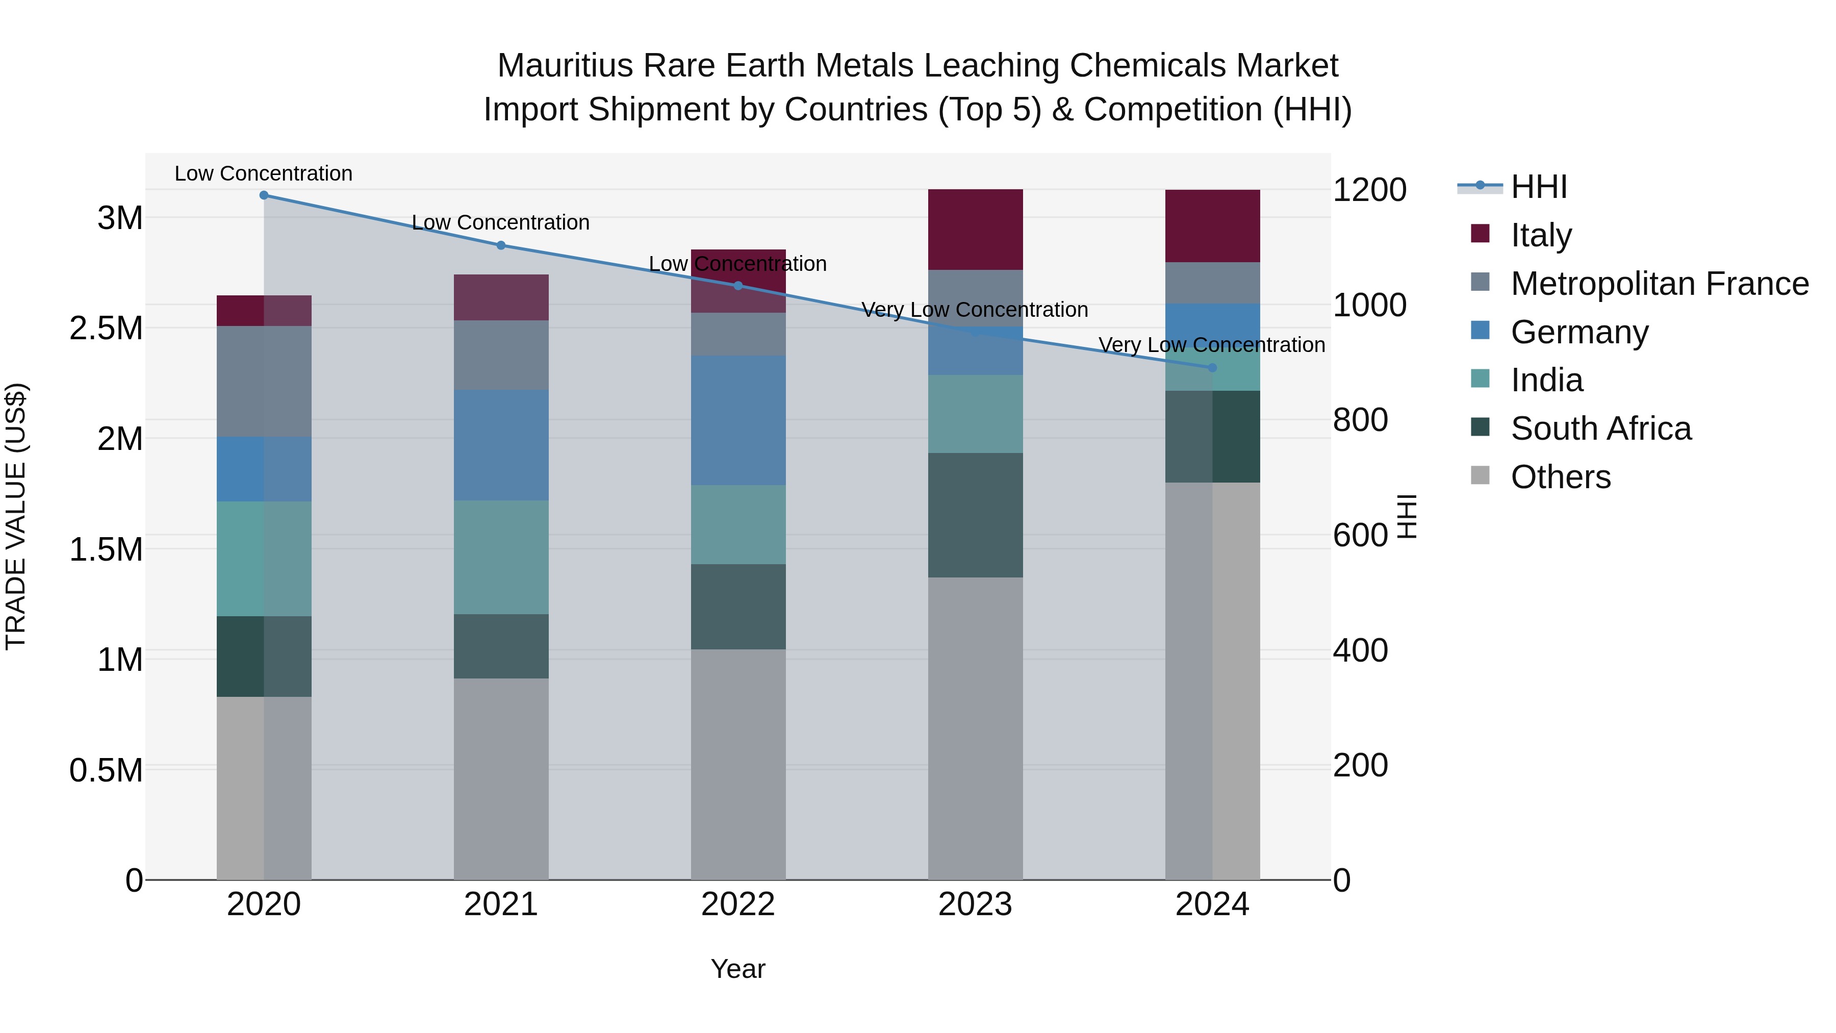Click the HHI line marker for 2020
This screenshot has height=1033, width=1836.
pyautogui.click(x=264, y=195)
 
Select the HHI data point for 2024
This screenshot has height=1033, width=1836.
pyautogui.click(x=1212, y=368)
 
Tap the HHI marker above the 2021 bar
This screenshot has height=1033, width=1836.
pyautogui.click(x=501, y=245)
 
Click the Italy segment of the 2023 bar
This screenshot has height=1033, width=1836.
pyautogui.click(x=975, y=230)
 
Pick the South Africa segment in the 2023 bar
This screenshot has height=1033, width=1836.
pyautogui.click(x=975, y=515)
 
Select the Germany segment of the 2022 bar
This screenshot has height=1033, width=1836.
pyautogui.click(x=738, y=421)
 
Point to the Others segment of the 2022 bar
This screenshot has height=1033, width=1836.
pyautogui.click(x=738, y=764)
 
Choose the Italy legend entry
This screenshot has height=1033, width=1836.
pyautogui.click(x=1541, y=235)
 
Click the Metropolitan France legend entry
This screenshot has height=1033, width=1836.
pyautogui.click(x=1659, y=284)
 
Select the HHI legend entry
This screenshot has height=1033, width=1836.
pyautogui.click(x=1538, y=187)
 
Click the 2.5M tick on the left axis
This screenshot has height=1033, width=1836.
pyautogui.click(x=106, y=329)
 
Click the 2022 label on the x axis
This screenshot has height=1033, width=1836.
pyautogui.click(x=738, y=904)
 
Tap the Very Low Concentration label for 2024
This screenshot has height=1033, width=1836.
pyautogui.click(x=1212, y=345)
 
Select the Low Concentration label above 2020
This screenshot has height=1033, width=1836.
pyautogui.click(x=264, y=174)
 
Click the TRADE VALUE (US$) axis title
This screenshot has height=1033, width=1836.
pyautogui.click(x=16, y=516)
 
